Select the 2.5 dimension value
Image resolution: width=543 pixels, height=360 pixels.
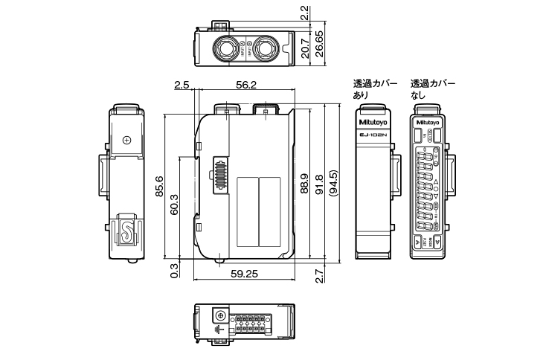pyautogui.click(x=181, y=86)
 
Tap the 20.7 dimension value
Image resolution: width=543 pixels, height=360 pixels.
pyautogui.click(x=304, y=48)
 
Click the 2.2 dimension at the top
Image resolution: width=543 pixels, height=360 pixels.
pyautogui.click(x=304, y=12)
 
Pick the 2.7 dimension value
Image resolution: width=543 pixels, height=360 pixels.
pyautogui.click(x=320, y=276)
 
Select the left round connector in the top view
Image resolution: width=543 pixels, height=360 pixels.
pyautogui.click(x=225, y=48)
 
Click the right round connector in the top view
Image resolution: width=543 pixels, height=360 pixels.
pyautogui.click(x=263, y=48)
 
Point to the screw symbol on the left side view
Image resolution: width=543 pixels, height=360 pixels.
pyautogui.click(x=126, y=140)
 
